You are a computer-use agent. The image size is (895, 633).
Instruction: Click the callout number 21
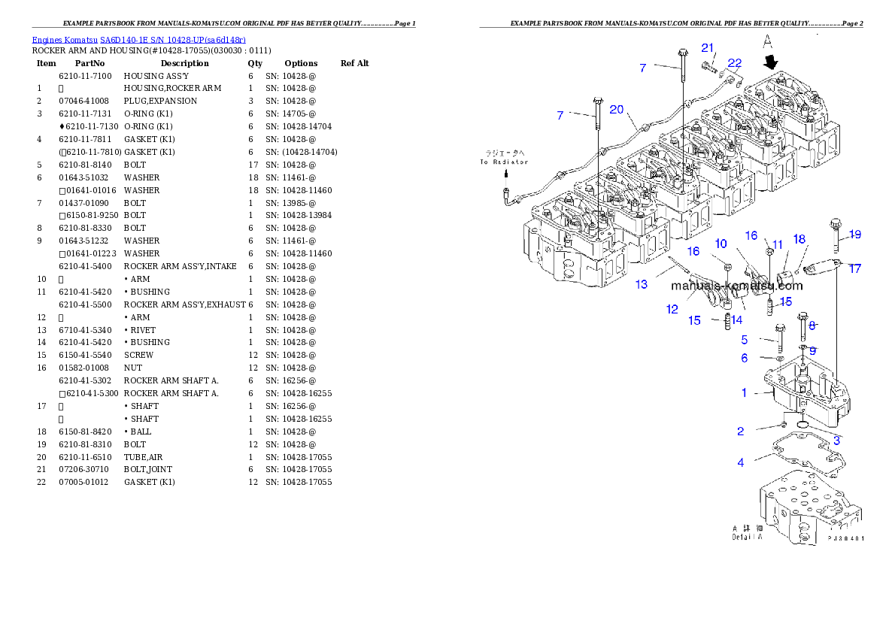pyautogui.click(x=708, y=48)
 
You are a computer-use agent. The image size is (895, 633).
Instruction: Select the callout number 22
pyautogui.click(x=734, y=63)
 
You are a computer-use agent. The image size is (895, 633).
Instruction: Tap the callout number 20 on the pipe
pyautogui.click(x=617, y=110)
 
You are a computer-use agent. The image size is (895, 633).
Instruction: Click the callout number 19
pyautogui.click(x=854, y=235)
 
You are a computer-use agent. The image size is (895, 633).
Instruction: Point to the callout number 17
pyautogui.click(x=855, y=268)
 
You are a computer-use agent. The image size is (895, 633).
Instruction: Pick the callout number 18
pyautogui.click(x=799, y=239)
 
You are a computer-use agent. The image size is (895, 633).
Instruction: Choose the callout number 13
pyautogui.click(x=642, y=284)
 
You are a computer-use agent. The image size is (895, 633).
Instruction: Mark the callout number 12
pyautogui.click(x=672, y=309)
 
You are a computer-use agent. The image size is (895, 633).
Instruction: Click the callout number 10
pyautogui.click(x=721, y=244)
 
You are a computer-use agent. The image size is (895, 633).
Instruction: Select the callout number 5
pyautogui.click(x=745, y=340)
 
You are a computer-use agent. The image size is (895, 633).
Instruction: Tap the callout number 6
pyautogui.click(x=745, y=359)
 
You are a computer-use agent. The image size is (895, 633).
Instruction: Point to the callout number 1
pyautogui.click(x=745, y=392)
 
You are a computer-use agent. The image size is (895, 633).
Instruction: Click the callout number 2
pyautogui.click(x=741, y=431)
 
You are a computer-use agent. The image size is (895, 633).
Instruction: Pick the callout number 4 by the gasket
pyautogui.click(x=741, y=462)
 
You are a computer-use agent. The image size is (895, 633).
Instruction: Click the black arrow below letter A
pyautogui.click(x=771, y=62)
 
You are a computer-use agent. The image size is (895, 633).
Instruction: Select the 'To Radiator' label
pyautogui.click(x=505, y=162)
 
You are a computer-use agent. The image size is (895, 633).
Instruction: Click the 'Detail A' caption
pyautogui.click(x=747, y=536)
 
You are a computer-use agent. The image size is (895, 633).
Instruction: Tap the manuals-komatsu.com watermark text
pyautogui.click(x=736, y=286)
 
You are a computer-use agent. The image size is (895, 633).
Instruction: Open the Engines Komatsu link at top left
pyautogui.click(x=138, y=39)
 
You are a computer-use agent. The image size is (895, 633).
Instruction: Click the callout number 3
pyautogui.click(x=836, y=441)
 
